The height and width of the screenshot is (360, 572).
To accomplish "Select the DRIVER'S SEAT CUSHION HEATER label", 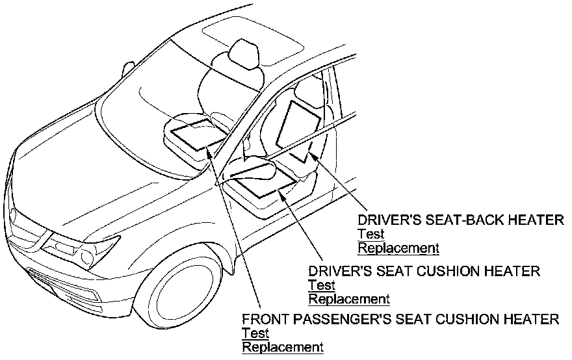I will pyautogui.click(x=424, y=271).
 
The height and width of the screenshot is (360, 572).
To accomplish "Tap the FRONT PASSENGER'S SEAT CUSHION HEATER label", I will pyautogui.click(x=400, y=320).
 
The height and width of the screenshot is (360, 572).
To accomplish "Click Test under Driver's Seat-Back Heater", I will pyautogui.click(x=371, y=234).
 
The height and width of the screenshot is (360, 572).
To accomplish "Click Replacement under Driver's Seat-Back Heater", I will pyautogui.click(x=398, y=248).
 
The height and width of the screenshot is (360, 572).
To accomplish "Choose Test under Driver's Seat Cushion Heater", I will pyautogui.click(x=322, y=285).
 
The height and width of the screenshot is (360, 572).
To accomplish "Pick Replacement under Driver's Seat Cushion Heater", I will pyautogui.click(x=349, y=299).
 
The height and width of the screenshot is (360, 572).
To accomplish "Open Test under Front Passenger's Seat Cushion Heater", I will pyautogui.click(x=255, y=333).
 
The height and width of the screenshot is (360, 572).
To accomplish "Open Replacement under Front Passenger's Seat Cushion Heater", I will pyautogui.click(x=283, y=347).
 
